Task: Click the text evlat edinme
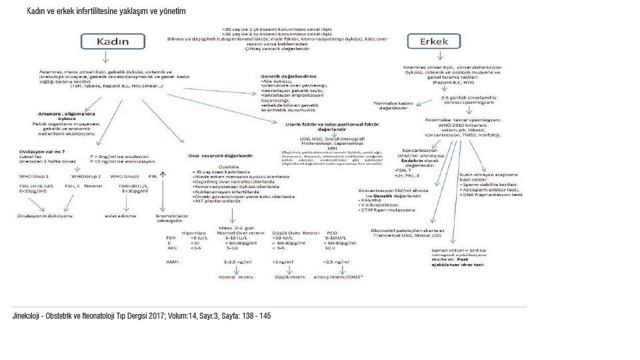coord(120,215)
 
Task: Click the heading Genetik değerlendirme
coord(288,77)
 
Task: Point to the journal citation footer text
coord(142,315)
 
